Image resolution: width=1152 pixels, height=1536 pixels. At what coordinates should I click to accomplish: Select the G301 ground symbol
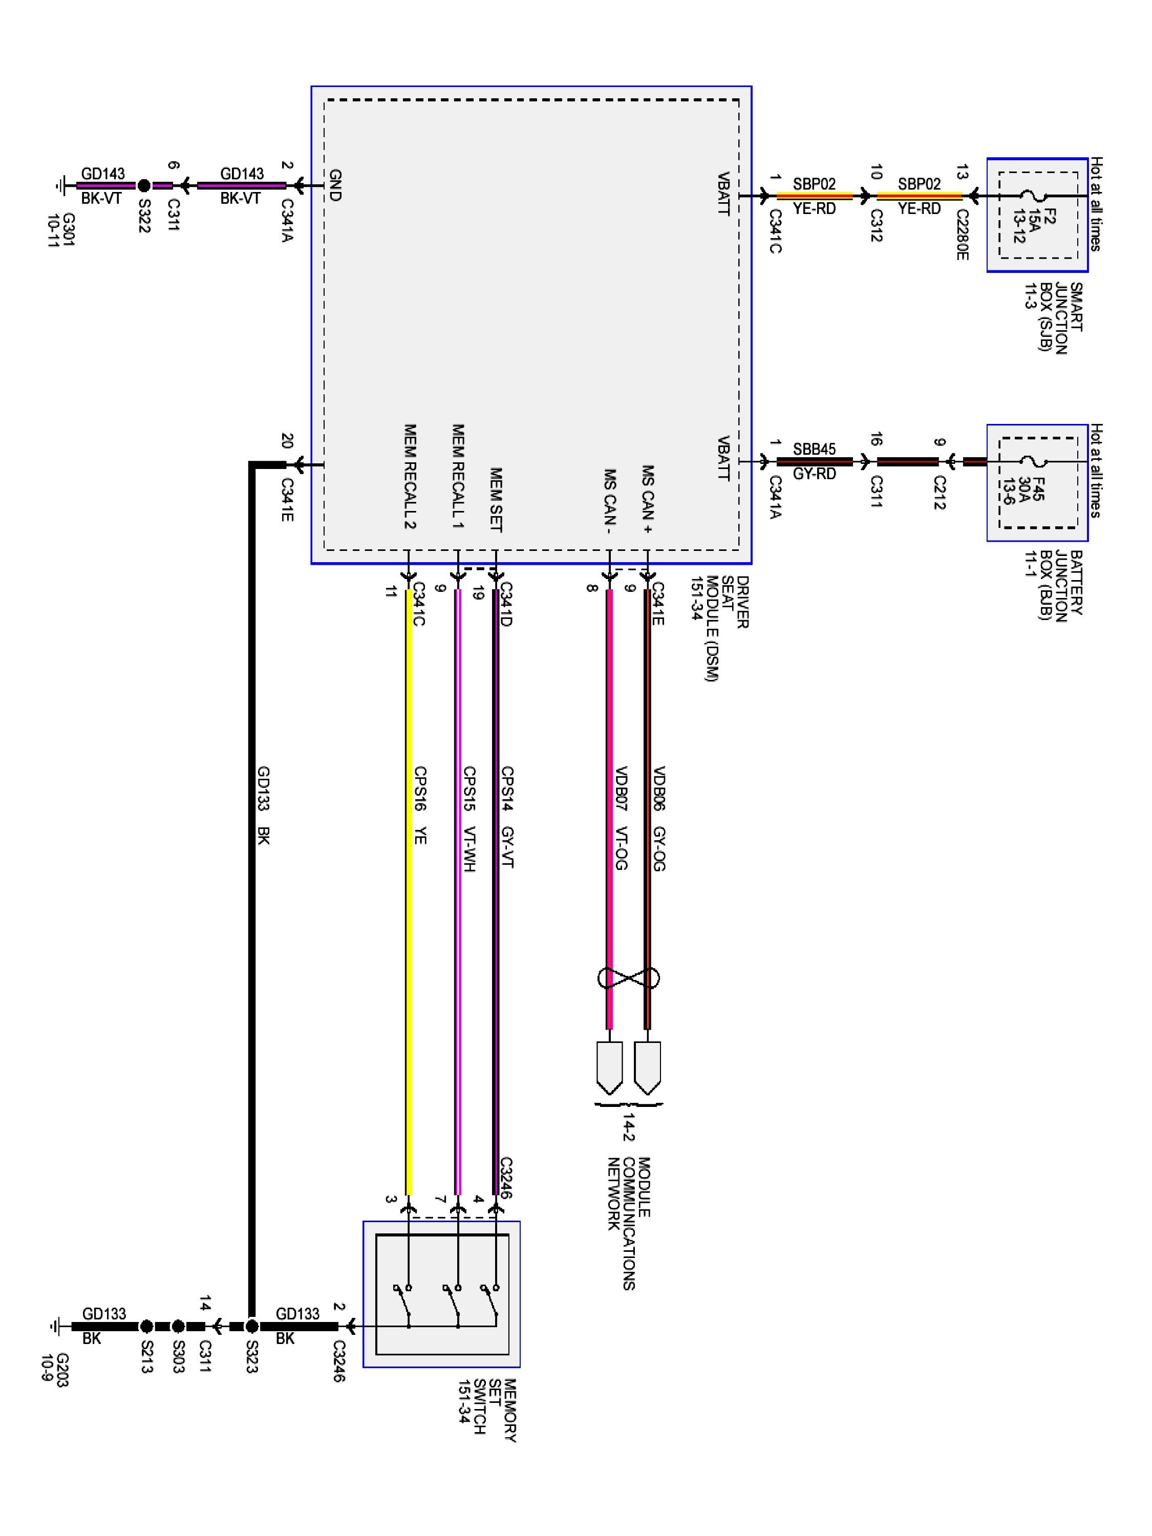[x=60, y=186]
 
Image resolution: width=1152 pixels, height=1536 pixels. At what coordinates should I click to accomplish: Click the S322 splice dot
[x=144, y=186]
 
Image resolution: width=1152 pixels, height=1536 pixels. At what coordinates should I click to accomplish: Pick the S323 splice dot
[x=252, y=1326]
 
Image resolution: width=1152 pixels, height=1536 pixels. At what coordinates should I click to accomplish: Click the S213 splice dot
[x=146, y=1326]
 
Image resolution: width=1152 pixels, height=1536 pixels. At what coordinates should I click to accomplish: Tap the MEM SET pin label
[x=496, y=500]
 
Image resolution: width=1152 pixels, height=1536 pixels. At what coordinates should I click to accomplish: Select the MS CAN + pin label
[x=647, y=499]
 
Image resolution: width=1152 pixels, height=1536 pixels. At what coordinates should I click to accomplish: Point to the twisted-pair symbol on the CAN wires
[x=628, y=978]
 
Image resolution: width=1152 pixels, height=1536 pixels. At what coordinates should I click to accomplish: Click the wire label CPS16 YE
[x=419, y=805]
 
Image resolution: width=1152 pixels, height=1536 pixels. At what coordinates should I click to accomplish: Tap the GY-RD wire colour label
[x=815, y=474]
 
